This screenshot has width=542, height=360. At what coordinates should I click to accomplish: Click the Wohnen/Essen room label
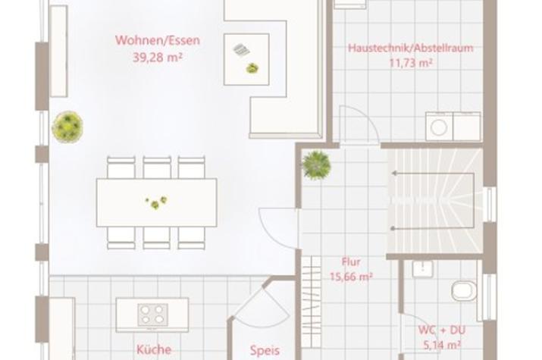pos(158,40)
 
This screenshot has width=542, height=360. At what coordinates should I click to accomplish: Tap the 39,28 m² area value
pos(158,58)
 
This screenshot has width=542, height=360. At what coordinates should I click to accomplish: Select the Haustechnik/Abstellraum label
pos(411,48)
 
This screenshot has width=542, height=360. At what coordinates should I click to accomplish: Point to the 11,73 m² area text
pos(411,63)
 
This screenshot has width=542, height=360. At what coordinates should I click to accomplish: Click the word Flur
pos(351,261)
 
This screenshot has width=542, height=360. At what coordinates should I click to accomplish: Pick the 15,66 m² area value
pos(351,277)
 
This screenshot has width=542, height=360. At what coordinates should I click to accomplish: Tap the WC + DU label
pos(442,330)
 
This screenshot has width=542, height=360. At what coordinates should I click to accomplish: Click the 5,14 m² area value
pos(442,345)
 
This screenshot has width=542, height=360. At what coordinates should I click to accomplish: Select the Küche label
pos(154,349)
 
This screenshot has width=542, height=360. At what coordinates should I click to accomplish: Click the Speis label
pos(265,351)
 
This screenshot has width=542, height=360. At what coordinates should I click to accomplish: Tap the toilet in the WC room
pos(465,291)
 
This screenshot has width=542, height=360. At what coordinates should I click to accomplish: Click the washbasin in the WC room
pos(423,269)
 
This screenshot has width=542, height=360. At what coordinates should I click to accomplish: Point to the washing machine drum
pos(439,127)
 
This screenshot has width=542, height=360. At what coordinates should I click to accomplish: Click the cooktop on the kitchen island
pos(152,315)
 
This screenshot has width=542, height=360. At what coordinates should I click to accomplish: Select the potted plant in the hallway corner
pos(316,165)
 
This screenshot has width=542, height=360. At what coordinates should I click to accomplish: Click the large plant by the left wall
pos(67,127)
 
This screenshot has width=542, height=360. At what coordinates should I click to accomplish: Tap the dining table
pos(157,202)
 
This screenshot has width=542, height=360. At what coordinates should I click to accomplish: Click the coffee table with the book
pos(246,59)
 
